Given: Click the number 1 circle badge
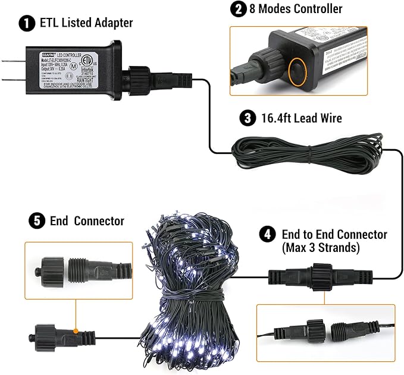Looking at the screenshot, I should pyautogui.click(x=26, y=24).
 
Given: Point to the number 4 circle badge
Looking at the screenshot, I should pyautogui.click(x=267, y=234).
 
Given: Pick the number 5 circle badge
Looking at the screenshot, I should pyautogui.click(x=36, y=221).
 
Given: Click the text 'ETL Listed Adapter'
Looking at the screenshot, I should pyautogui.click(x=86, y=24).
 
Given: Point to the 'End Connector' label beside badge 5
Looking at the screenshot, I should pyautogui.click(x=90, y=221).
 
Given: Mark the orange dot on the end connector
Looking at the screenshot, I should pyautogui.click(x=76, y=329).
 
